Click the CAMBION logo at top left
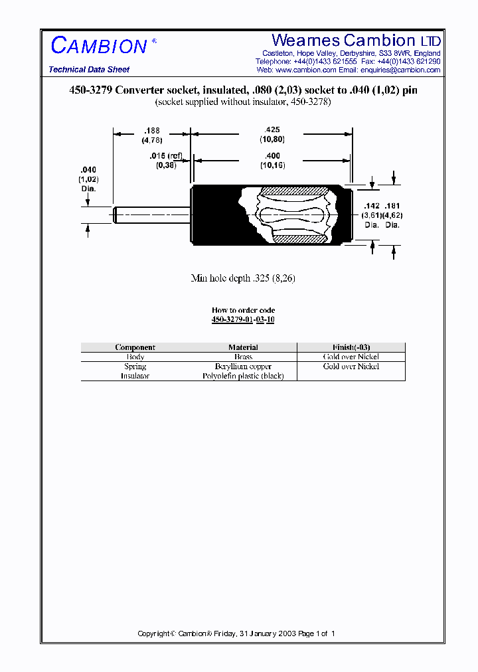tap(99, 45)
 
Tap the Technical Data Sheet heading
tap(89, 70)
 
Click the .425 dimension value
tap(272, 129)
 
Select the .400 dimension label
tap(272, 155)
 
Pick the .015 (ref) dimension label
tap(165, 156)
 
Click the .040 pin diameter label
tap(88, 170)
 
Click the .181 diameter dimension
tap(393, 207)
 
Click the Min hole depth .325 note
tap(243, 279)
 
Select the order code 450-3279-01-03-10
tap(243, 319)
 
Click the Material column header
tap(243, 347)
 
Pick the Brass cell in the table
tap(243, 357)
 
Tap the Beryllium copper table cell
tap(243, 367)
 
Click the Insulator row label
tap(135, 376)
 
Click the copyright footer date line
tap(236, 633)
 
